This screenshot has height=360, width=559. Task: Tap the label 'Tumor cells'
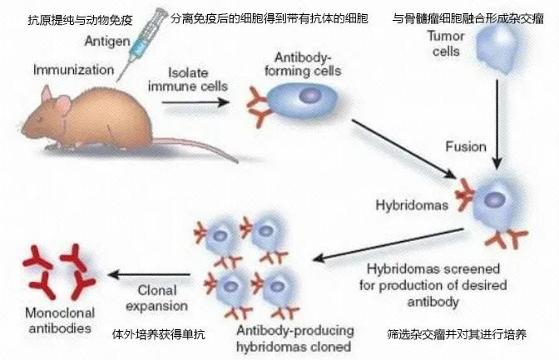click(444, 43)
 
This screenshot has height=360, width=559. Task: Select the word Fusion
click(466, 146)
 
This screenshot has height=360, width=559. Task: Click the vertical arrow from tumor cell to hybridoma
click(497, 116)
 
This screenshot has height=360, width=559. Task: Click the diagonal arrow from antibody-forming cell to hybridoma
click(403, 150)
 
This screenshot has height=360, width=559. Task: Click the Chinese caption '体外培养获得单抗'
click(158, 334)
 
